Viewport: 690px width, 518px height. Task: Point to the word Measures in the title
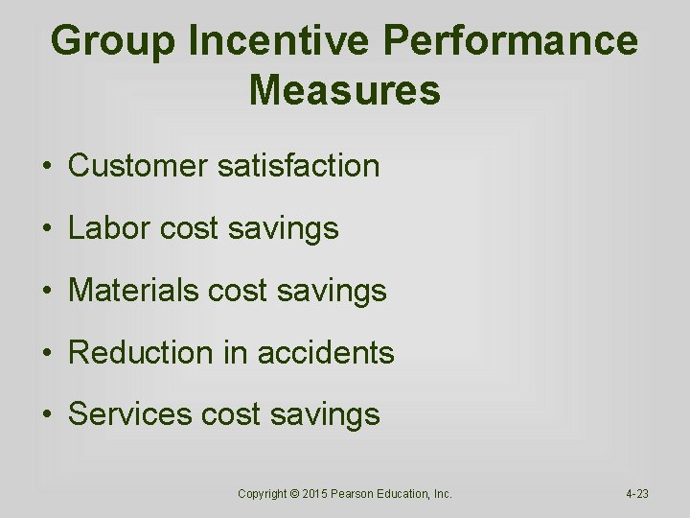coord(344,91)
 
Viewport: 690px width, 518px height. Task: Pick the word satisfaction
coord(298,166)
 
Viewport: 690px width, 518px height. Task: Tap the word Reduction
coord(141,353)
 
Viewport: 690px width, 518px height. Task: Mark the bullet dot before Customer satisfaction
coord(46,167)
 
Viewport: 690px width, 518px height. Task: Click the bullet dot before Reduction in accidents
coord(46,354)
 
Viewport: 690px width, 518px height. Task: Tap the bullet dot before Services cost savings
coord(46,415)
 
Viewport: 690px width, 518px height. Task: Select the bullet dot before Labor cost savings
coord(46,229)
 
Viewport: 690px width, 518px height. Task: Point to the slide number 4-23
coord(637,494)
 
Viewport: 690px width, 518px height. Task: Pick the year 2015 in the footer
coord(315,494)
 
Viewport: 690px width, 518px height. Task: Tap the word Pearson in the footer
coord(356,494)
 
